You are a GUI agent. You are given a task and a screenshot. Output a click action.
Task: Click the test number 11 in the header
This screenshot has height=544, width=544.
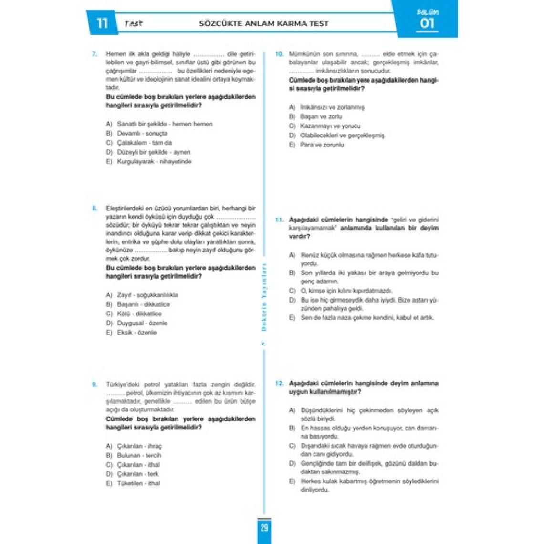point(102,23)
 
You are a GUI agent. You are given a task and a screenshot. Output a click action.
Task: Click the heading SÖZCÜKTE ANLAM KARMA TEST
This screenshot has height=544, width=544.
point(263,23)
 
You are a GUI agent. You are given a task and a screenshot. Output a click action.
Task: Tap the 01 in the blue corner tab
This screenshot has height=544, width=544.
point(427,23)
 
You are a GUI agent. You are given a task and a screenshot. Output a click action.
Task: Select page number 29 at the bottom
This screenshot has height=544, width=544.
point(264,528)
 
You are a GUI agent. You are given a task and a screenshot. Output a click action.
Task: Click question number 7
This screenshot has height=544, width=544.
point(94,54)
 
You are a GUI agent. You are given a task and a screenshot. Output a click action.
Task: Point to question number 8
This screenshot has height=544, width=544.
point(94,208)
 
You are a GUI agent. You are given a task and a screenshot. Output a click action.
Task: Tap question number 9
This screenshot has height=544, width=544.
point(94,384)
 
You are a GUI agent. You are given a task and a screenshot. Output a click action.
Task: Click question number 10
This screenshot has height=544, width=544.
point(280,54)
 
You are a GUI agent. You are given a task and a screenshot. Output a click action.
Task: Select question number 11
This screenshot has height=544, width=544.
point(280,220)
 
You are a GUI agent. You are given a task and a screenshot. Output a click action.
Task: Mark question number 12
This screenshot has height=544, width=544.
point(280,383)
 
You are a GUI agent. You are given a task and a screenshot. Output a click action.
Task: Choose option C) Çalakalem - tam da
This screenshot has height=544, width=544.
point(139,143)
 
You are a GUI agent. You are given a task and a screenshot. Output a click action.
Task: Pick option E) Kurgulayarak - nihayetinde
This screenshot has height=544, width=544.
point(149,161)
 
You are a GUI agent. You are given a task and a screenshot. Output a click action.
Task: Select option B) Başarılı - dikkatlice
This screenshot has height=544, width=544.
point(138,304)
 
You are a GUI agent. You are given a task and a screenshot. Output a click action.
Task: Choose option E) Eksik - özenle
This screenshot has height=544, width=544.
point(131,332)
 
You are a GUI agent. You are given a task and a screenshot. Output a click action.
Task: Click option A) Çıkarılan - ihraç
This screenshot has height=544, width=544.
point(134,446)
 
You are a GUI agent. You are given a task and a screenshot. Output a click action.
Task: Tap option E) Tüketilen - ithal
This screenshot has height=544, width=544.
point(133,483)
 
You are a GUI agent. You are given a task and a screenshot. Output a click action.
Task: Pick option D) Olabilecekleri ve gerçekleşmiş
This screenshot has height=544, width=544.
point(336,135)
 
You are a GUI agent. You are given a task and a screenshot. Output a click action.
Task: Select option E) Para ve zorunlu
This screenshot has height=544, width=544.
point(316,145)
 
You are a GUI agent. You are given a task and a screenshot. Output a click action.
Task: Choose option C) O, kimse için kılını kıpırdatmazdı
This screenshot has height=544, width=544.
point(341,291)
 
